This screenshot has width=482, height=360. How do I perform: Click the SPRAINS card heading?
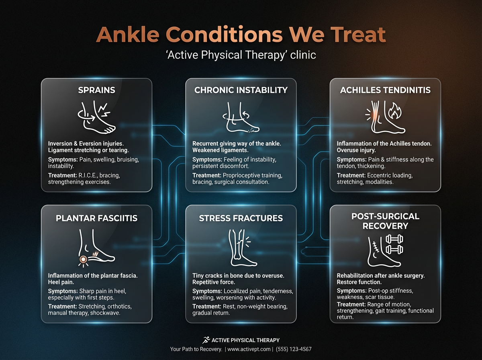[96, 90]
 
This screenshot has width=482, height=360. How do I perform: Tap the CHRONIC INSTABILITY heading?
[241, 90]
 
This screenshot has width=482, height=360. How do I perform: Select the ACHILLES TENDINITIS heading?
[385, 90]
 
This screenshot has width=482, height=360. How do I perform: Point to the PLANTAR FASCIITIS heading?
[96, 218]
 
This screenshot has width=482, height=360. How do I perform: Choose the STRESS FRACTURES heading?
[241, 218]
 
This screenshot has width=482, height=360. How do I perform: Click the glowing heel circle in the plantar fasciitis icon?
[83, 259]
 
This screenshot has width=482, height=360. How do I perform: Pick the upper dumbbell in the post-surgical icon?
[394, 240]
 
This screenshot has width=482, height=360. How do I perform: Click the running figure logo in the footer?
[206, 340]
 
